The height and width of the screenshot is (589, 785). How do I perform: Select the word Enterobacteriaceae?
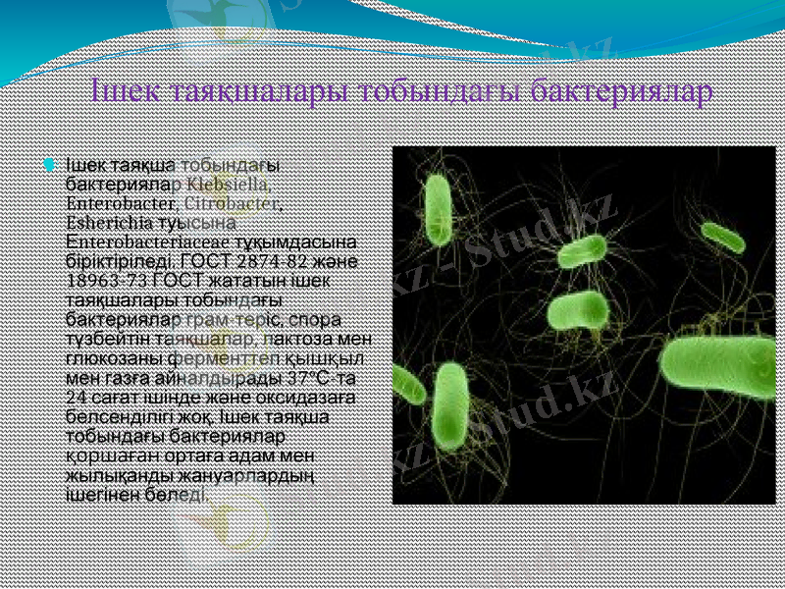pyautogui.click(x=141, y=242)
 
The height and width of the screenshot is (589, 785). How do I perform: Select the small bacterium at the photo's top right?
pyautogui.click(x=723, y=237)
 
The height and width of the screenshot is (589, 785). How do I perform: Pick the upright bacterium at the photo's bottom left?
pyautogui.click(x=450, y=405)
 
